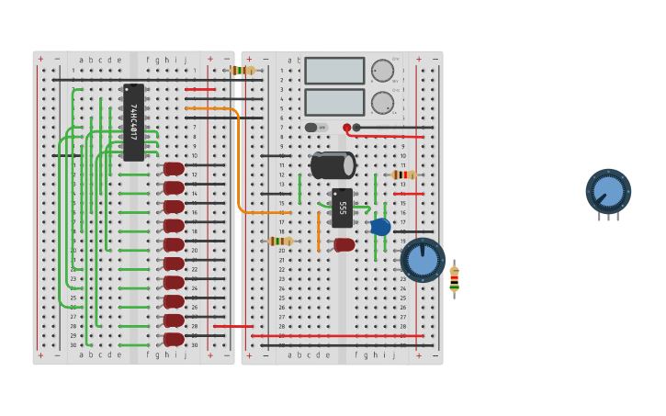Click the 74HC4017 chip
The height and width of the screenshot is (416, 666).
pos(133,122)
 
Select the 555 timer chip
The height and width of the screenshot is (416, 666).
pos(342,208)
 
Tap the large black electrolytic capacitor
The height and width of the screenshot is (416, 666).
pos(333,165)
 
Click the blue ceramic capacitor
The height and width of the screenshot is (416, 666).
pos(380,226)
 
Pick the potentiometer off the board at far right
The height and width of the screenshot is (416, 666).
pos(608,191)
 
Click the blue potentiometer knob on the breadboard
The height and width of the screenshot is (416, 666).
pos(423,260)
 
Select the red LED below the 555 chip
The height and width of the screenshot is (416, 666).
pos(344,244)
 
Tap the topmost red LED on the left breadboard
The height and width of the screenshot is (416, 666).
pos(174,169)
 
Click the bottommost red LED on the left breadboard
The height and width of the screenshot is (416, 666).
pos(174,339)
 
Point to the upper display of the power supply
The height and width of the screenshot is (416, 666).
pos(334,71)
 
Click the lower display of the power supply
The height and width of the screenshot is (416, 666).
pos(334,101)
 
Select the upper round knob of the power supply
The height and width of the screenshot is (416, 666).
pos(382,71)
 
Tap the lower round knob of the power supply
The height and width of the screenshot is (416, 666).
pos(382,102)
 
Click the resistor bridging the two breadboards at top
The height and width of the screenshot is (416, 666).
pos(243,70)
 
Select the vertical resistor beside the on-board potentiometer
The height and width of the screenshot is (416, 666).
pos(454,278)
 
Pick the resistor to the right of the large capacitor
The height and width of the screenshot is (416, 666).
pos(403,174)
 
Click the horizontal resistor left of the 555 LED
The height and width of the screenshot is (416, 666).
pos(280,241)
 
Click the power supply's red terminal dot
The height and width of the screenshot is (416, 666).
pos(346,128)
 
